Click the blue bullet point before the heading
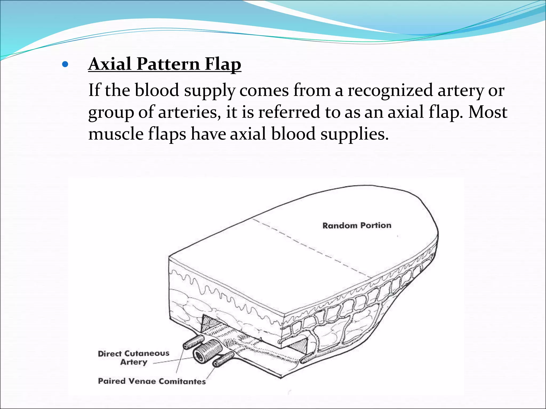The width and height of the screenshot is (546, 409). [x=65, y=64]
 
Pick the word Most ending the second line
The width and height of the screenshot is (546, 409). [x=488, y=112]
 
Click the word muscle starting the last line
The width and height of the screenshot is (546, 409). [x=116, y=134]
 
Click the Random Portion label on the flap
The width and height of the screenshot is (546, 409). [x=357, y=226]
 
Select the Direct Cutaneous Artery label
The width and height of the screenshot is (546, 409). [x=134, y=358]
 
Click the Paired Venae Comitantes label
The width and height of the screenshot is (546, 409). [x=152, y=381]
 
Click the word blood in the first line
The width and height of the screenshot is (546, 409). [x=157, y=91]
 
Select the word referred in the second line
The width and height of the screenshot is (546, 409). [x=289, y=112]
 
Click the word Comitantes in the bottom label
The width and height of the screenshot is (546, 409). [x=182, y=381]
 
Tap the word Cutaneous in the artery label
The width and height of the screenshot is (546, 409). [x=147, y=354]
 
